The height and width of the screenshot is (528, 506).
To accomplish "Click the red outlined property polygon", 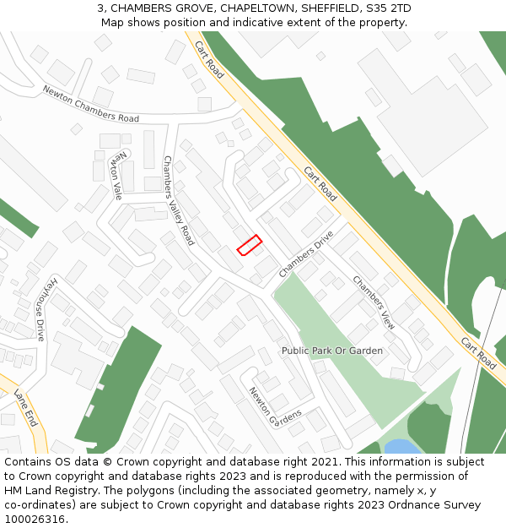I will pyautogui.click(x=249, y=245).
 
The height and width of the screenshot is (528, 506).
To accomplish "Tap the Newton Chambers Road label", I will pyautogui.click(x=91, y=104).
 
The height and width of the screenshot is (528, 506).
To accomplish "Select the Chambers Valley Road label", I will pyautogui.click(x=178, y=200).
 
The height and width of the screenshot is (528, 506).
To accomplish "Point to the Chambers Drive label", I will pyautogui.click(x=306, y=253).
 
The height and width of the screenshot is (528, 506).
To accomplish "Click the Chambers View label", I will pyautogui.click(x=374, y=302).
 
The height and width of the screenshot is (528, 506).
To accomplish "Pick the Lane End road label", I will pyautogui.click(x=26, y=408).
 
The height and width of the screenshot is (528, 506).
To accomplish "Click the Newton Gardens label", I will pyautogui.click(x=274, y=406).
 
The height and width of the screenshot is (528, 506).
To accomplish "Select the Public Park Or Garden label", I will pyautogui.click(x=331, y=351).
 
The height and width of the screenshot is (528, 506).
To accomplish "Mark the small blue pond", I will pyautogui.click(x=400, y=446).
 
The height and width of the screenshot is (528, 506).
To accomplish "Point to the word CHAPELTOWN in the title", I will pyautogui.click(x=250, y=8).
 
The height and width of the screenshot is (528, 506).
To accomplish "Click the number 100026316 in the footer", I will pyautogui.click(x=35, y=520).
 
